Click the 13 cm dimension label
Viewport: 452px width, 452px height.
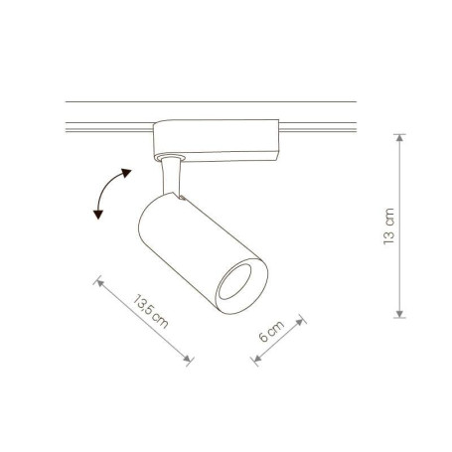(x=388, y=226)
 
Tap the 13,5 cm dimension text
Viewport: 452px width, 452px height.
(x=151, y=311)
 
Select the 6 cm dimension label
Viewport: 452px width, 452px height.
(x=271, y=331)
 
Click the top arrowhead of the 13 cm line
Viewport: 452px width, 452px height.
(x=399, y=138)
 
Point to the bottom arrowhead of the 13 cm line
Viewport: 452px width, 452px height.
(x=399, y=314)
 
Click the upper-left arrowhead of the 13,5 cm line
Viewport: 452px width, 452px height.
(x=99, y=283)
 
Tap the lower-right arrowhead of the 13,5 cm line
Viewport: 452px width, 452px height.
(x=188, y=359)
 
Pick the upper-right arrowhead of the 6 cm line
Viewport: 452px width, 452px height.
(x=300, y=321)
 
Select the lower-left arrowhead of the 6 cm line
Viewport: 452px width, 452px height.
(x=257, y=358)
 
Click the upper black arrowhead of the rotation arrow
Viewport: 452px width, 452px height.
(x=126, y=173)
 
